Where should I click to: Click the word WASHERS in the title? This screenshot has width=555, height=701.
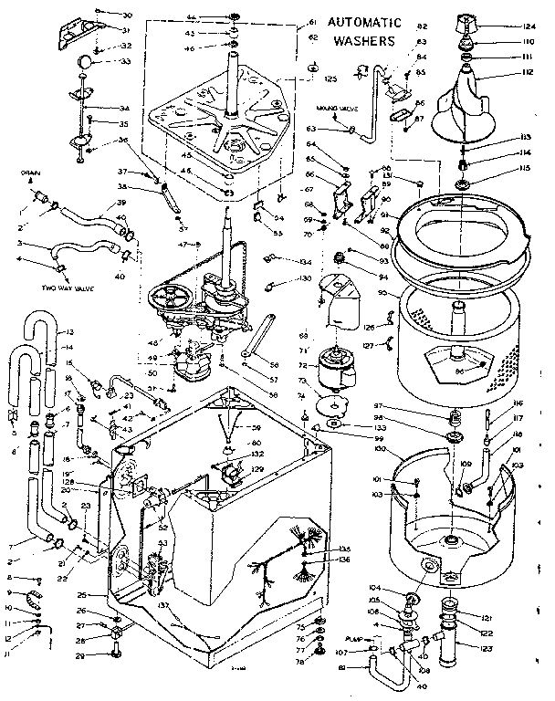point(363,41)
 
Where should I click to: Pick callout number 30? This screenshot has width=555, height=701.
point(127,16)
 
